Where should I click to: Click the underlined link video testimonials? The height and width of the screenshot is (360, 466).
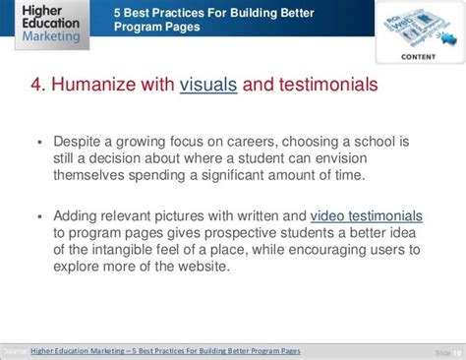click(x=367, y=216)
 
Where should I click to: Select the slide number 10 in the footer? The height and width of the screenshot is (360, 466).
click(x=455, y=352)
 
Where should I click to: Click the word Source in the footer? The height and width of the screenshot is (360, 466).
click(x=14, y=351)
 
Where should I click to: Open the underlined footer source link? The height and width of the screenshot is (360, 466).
click(x=165, y=351)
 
